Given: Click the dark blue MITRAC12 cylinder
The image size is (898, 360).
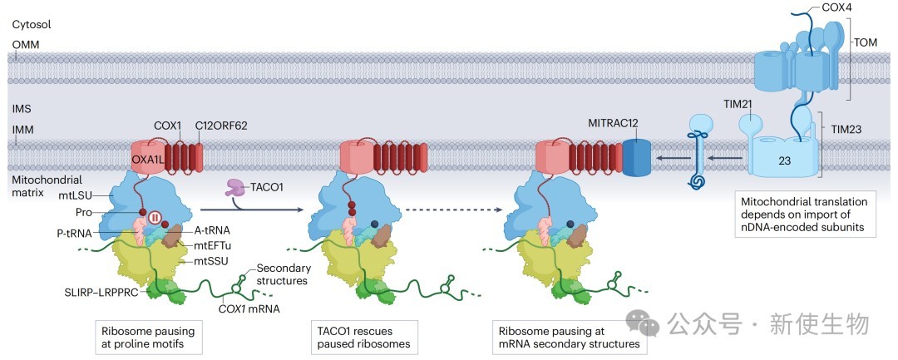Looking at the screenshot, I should [x=635, y=156].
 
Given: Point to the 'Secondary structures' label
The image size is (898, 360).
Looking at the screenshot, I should [x=284, y=274].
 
